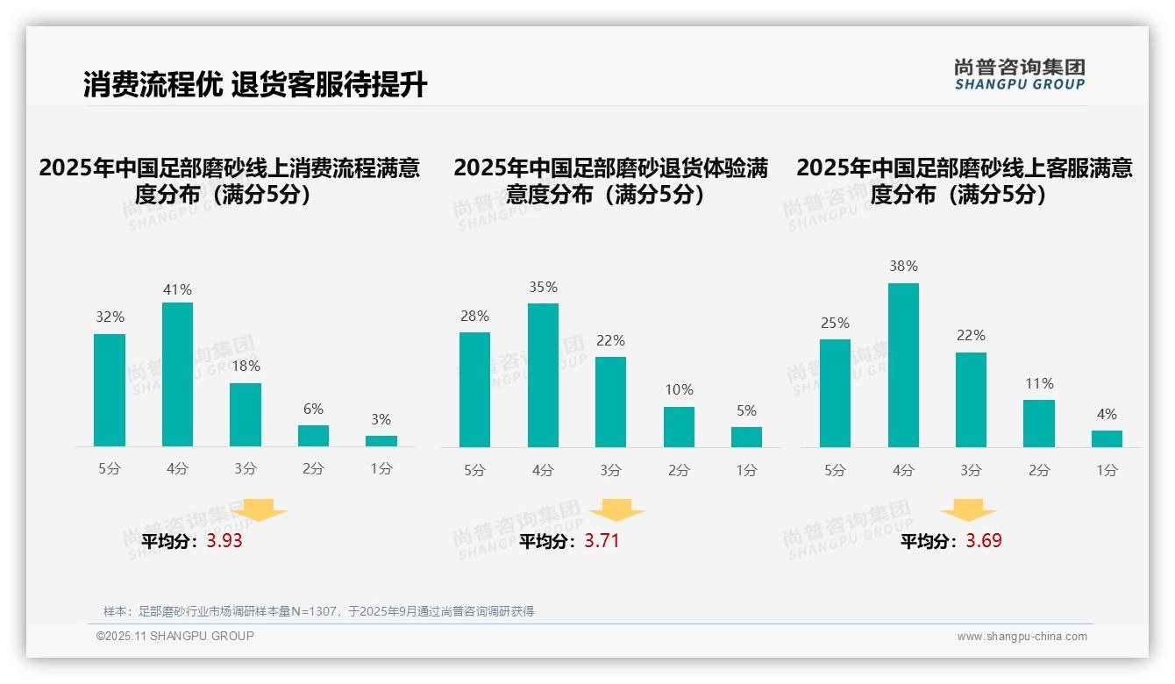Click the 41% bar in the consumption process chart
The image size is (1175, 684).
pos(177,374)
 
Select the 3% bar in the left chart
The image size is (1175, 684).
pos(381,441)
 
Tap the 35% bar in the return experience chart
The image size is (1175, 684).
pos(543,375)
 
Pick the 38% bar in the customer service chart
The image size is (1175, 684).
pos(903,365)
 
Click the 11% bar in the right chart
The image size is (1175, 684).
pos(1039,424)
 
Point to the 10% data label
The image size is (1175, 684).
pos(679,389)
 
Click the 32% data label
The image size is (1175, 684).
pos(110,317)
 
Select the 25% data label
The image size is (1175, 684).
pos(835,323)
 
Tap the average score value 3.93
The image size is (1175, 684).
pos(224,541)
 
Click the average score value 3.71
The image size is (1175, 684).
pos(602,541)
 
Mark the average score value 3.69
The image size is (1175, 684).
pos(984,541)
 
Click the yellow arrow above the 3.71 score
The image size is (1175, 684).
pos(616,511)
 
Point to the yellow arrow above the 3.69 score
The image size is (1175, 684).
pos(968,511)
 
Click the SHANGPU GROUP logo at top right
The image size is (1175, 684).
pos(1019,75)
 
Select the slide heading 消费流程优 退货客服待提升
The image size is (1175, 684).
pos(255,85)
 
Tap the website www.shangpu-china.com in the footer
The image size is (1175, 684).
pos(1022,637)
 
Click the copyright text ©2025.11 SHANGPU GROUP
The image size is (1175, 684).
pos(175,636)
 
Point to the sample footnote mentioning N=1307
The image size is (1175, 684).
pos(318,611)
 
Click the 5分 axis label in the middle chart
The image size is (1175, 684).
pos(474,470)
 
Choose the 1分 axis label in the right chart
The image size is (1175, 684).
pos(1107,470)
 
